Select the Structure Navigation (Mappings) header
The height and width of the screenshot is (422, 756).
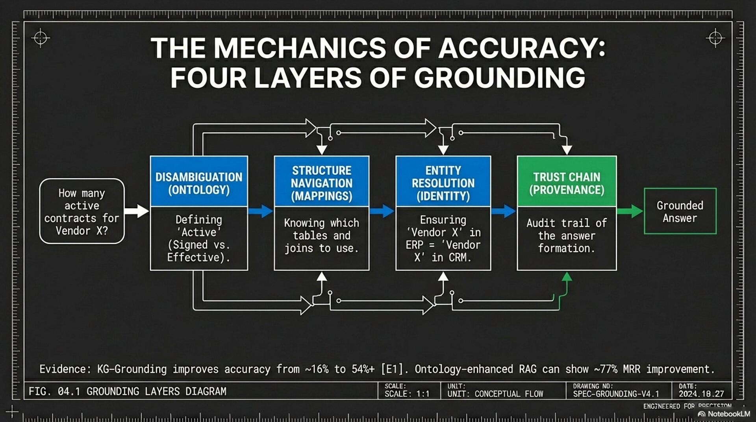coord(321,183)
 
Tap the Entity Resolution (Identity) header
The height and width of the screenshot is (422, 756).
coord(443,183)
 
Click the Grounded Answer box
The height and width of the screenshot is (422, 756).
coord(680,211)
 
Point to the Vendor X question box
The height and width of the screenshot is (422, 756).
coord(82,211)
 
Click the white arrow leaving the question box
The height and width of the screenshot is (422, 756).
coord(137,211)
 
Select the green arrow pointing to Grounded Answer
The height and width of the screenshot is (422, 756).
coord(630,211)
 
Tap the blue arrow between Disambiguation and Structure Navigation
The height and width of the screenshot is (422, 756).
coord(261,211)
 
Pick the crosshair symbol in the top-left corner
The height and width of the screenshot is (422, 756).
coord(41,38)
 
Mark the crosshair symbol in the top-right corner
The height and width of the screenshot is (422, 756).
coord(715,38)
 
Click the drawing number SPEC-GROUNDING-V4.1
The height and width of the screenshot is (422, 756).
coord(616,394)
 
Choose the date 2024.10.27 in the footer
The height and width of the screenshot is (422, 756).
coord(701,394)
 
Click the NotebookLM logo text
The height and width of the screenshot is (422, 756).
coord(728,414)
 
